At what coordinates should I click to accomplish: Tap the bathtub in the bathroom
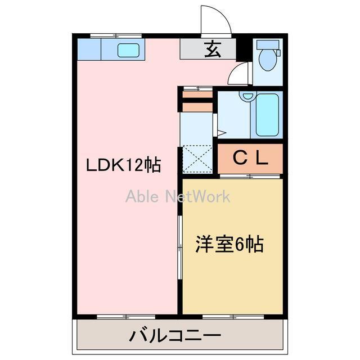point(267,115)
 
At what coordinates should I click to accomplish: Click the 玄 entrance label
point(211,50)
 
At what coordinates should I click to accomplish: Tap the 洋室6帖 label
point(229,245)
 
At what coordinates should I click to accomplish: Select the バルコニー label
point(175,336)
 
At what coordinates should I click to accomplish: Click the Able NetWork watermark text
point(178,196)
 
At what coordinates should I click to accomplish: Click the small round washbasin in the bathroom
point(245,96)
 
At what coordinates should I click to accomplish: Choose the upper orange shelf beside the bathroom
point(196,94)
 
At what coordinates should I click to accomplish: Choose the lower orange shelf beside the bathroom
point(196,105)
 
